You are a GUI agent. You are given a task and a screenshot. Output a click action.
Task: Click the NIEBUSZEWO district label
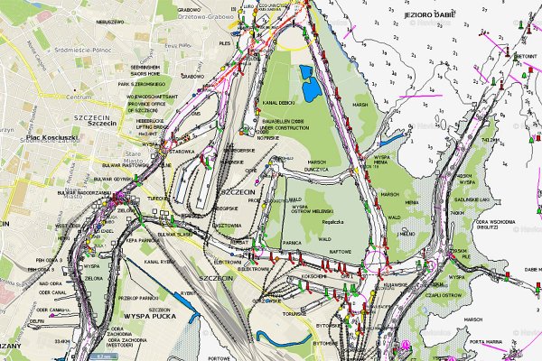107,19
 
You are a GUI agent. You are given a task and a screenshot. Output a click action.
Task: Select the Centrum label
79,96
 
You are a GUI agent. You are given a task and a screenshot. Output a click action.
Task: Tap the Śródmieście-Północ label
79,51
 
